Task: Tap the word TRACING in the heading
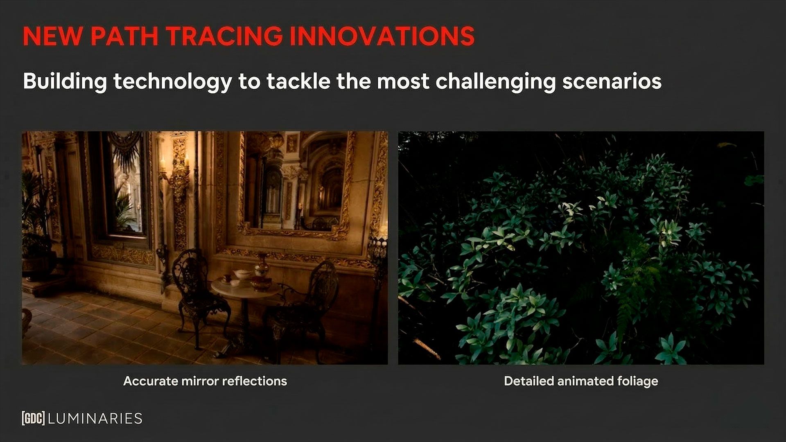point(224,36)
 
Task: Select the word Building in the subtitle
point(65,81)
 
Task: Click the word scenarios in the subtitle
point(612,81)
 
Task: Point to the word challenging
point(495,81)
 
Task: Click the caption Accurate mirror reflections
point(205,381)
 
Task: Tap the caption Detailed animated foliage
point(580,381)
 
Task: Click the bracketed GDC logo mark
point(33,418)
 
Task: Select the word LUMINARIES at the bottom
point(95,418)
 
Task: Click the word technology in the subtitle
point(172,81)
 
